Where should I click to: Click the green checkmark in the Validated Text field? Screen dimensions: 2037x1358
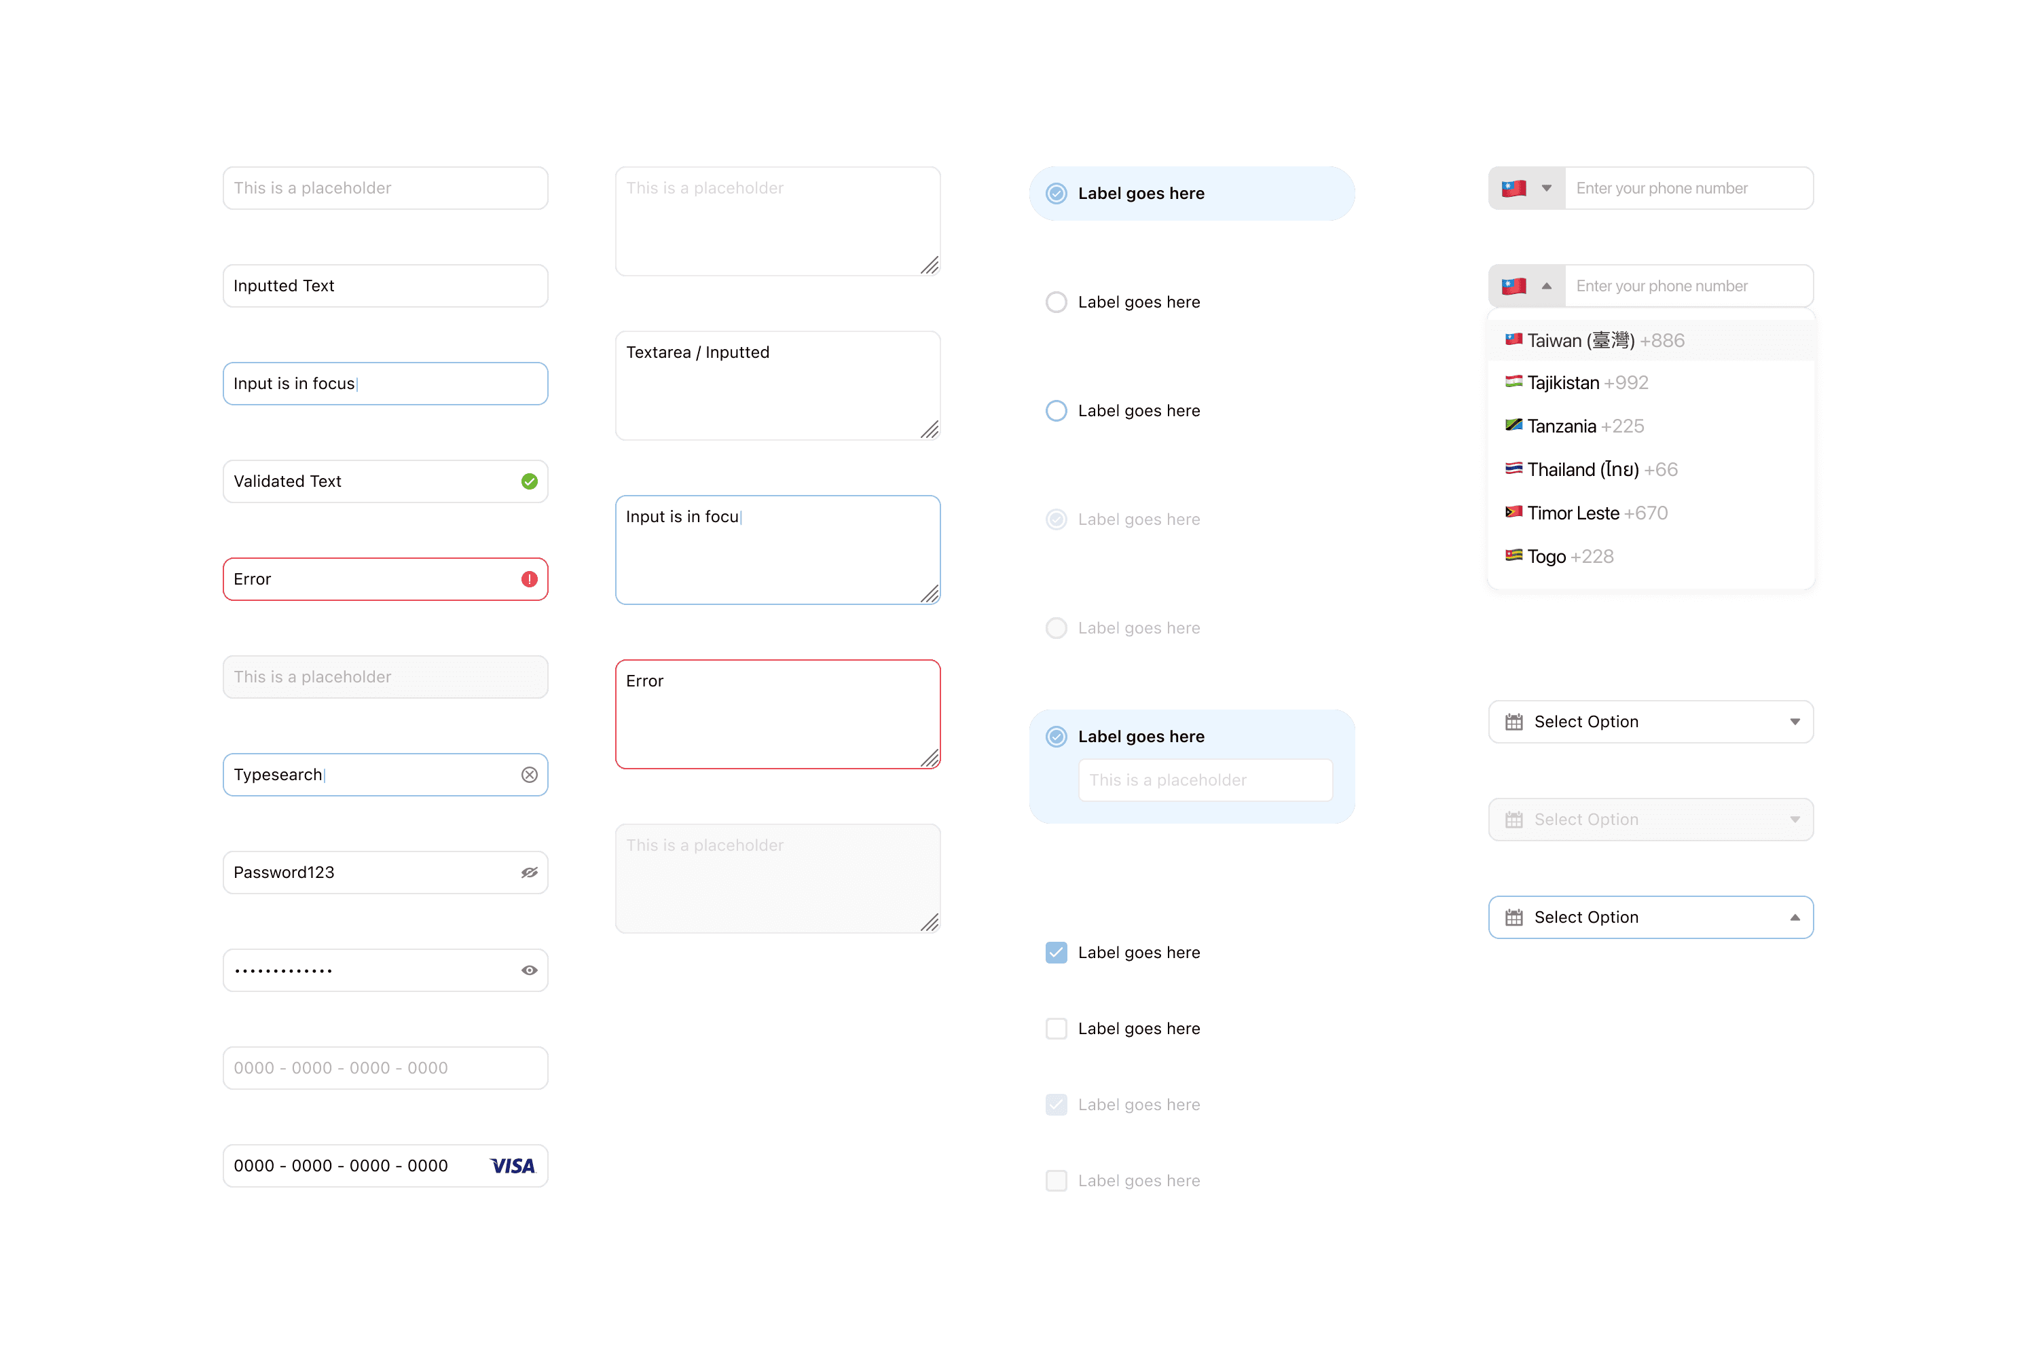pos(529,481)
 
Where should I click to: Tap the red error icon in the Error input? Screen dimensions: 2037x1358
pos(529,579)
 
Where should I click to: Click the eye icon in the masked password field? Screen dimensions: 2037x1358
pos(529,970)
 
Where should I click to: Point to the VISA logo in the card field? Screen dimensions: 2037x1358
pos(513,1166)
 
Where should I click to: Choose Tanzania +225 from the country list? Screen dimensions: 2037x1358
pos(1584,426)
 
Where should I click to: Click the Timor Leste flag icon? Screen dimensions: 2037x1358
pos(1513,512)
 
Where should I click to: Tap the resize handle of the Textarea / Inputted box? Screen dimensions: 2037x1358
pos(930,430)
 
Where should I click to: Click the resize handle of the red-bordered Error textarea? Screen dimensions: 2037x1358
pos(930,758)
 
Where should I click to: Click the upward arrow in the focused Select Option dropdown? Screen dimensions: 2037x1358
pos(1795,917)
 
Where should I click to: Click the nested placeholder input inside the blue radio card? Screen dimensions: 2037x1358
pos(1205,780)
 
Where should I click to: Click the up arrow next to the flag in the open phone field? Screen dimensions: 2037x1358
pos(1546,286)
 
